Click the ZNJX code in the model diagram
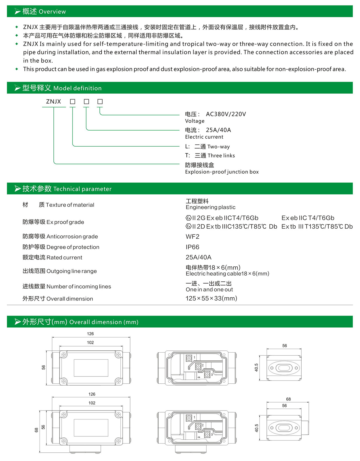[x=53, y=101]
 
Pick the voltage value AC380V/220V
[x=226, y=114]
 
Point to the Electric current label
[x=204, y=137]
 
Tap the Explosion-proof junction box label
[x=222, y=172]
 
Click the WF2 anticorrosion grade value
[x=192, y=236]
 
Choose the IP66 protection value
[x=192, y=247]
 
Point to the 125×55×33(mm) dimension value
[x=211, y=298]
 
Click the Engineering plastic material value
[x=210, y=207]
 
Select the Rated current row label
[x=52, y=258]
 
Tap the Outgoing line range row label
[x=60, y=271]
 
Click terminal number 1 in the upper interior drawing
[x=194, y=357]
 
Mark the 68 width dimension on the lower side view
[x=288, y=399]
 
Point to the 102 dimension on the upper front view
[x=90, y=343]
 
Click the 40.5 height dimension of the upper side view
[x=256, y=368]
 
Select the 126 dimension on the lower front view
[x=92, y=394]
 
